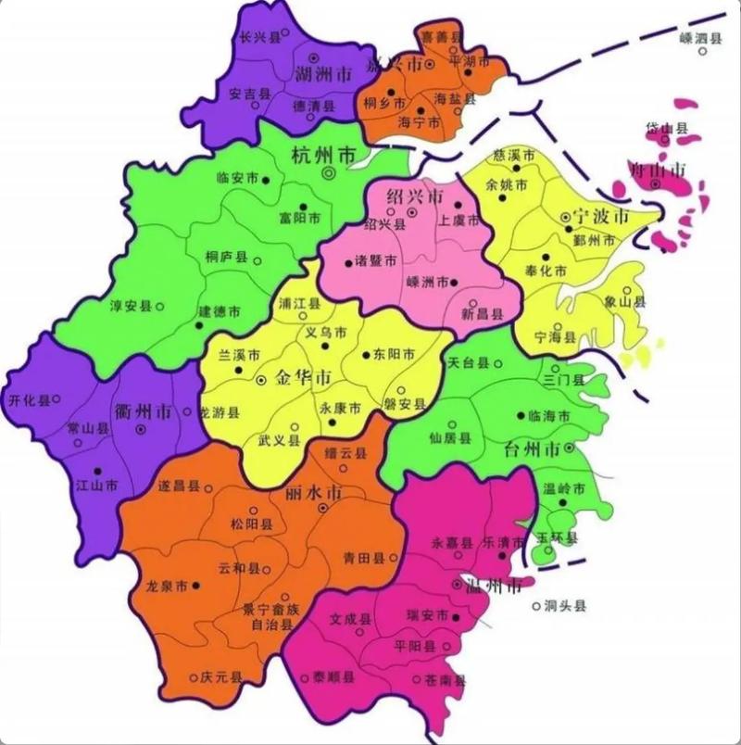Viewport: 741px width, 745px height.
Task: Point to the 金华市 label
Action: pos(304,379)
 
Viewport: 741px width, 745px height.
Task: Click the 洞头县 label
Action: pos(565,607)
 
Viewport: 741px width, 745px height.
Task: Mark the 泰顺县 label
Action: pos(333,677)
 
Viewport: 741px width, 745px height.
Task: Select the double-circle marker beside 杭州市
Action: pos(328,173)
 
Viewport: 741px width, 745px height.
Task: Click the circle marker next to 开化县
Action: pos(57,399)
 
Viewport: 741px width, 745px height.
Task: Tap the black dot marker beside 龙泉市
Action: pos(196,586)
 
